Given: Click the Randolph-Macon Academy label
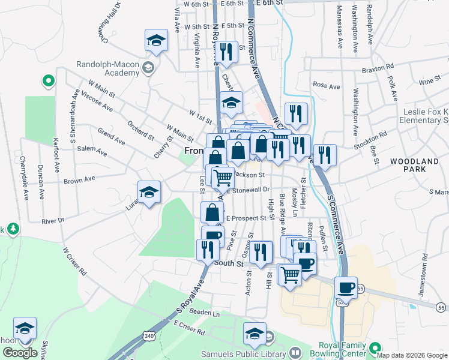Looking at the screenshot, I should click(108, 68).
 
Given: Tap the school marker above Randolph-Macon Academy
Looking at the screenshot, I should click(156, 41).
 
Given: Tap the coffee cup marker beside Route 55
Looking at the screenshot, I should click(346, 287).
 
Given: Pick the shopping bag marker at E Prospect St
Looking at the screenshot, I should click(212, 212).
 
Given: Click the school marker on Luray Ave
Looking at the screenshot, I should click(149, 192).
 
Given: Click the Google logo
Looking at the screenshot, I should click(19, 353).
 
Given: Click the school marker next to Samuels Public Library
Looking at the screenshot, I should click(255, 333).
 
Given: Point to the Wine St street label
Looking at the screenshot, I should click(430, 81).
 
